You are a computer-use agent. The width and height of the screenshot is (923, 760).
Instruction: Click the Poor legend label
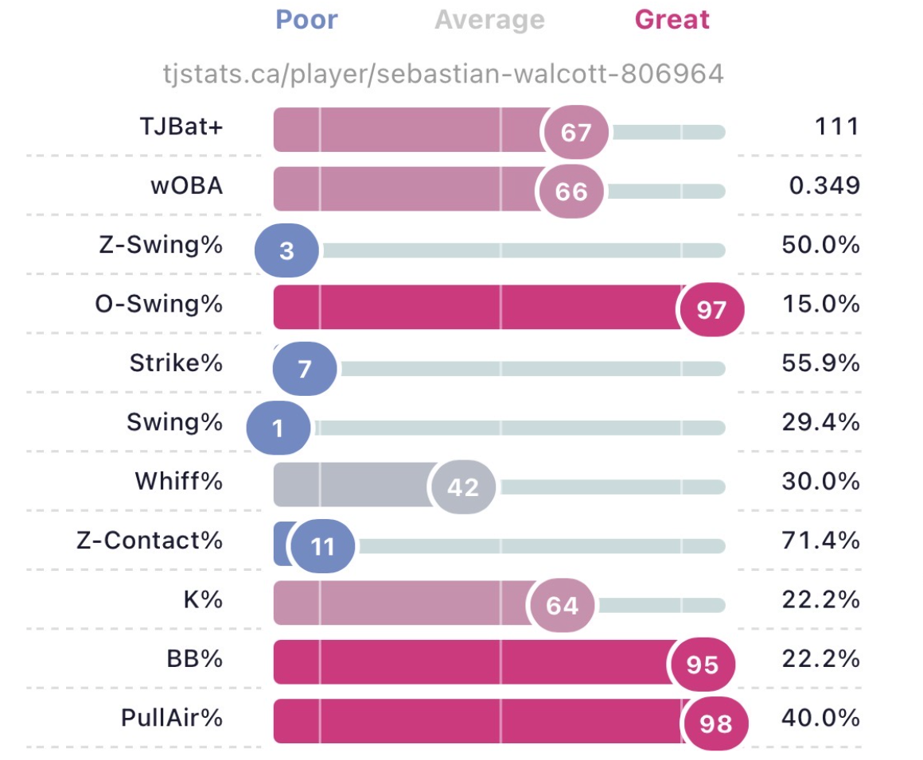tap(306, 19)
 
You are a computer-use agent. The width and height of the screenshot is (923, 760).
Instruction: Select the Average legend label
tap(490, 20)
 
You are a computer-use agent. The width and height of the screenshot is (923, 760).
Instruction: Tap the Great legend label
tap(672, 19)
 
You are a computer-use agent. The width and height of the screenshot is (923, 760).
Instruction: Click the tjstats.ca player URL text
tap(443, 74)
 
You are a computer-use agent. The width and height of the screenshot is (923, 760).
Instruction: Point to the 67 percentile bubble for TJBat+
tap(576, 132)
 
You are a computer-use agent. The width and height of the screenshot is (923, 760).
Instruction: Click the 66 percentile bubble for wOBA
tap(571, 192)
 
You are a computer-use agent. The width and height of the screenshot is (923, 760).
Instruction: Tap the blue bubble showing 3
tap(286, 250)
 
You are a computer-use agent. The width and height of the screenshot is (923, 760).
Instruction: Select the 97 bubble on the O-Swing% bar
tap(711, 309)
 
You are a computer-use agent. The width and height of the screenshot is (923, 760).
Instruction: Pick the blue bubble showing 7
tap(304, 369)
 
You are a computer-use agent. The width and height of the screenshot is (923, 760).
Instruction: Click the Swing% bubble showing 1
tap(278, 428)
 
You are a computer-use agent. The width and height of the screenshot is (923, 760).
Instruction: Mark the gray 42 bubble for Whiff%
tap(462, 487)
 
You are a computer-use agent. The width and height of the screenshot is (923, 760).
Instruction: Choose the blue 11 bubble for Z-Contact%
tap(322, 546)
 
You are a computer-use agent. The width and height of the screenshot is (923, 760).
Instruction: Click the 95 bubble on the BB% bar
tap(703, 665)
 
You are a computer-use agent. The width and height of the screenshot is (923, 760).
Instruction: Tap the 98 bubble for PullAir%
tap(715, 723)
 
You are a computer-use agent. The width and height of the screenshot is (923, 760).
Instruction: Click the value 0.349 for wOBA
tap(824, 186)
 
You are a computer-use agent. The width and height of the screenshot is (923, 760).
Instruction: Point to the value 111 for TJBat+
tap(836, 126)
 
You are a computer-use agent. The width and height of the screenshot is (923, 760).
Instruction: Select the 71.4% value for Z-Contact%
tap(820, 541)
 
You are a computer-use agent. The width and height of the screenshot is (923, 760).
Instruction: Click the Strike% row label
tap(176, 363)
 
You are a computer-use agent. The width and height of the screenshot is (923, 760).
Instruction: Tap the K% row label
tap(203, 600)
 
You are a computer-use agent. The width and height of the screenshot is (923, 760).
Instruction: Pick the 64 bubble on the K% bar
tap(562, 605)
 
